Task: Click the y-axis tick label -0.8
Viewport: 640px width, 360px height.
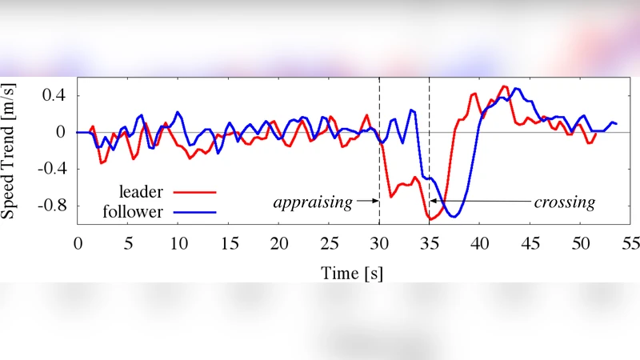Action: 50,206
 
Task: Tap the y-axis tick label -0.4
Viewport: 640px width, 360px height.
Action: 50,169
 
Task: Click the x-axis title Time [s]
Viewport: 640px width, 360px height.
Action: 352,274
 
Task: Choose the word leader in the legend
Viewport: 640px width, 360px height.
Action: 141,192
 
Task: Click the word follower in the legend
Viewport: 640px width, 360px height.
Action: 134,212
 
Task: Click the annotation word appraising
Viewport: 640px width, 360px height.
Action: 313,202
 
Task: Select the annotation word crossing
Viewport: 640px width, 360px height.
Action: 565,202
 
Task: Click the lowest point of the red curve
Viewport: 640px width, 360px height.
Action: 431,219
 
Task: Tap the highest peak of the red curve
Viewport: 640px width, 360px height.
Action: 504,86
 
